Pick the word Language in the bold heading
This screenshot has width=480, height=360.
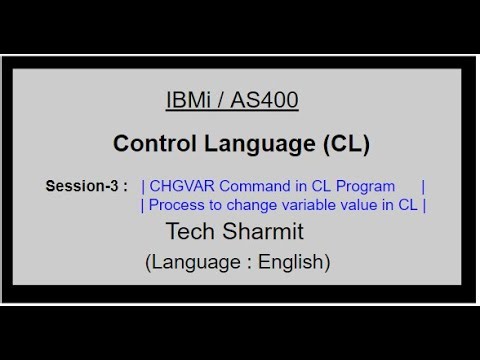(261, 144)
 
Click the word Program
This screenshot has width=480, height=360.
(349, 187)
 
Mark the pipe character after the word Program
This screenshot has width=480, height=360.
(424, 187)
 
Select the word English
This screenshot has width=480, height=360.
(290, 262)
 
